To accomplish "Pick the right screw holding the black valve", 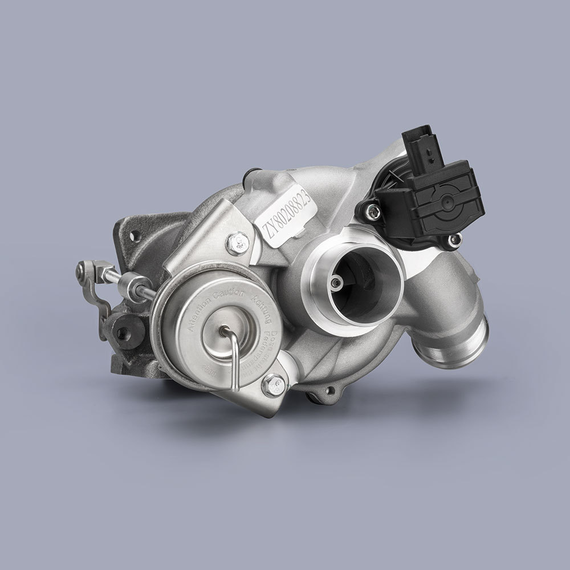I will coord(454,240).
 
